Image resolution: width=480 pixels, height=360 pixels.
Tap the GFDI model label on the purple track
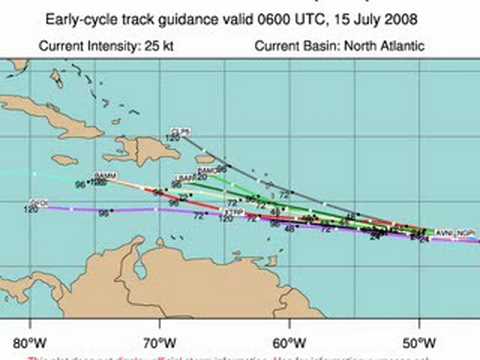pyautogui.click(x=40, y=203)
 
